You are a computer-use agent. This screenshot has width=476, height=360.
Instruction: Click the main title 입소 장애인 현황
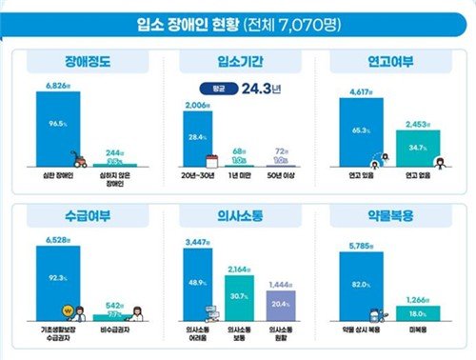(x=236, y=21)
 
